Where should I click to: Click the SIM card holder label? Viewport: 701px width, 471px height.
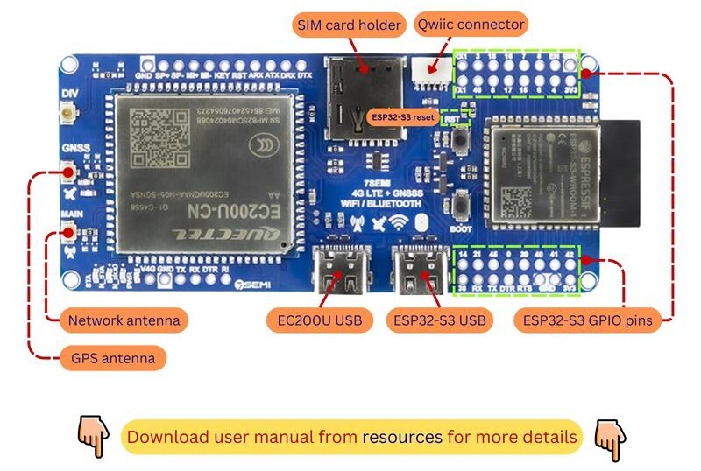(x=350, y=25)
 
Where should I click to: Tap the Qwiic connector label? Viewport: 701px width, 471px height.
(x=471, y=24)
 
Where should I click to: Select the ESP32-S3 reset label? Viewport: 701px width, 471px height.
(x=402, y=116)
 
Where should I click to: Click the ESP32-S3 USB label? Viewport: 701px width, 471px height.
(x=435, y=320)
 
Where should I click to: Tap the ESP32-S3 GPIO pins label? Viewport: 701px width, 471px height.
(x=587, y=320)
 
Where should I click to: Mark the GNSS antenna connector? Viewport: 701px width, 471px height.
(x=68, y=172)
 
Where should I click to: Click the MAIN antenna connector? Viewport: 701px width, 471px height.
(x=68, y=233)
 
